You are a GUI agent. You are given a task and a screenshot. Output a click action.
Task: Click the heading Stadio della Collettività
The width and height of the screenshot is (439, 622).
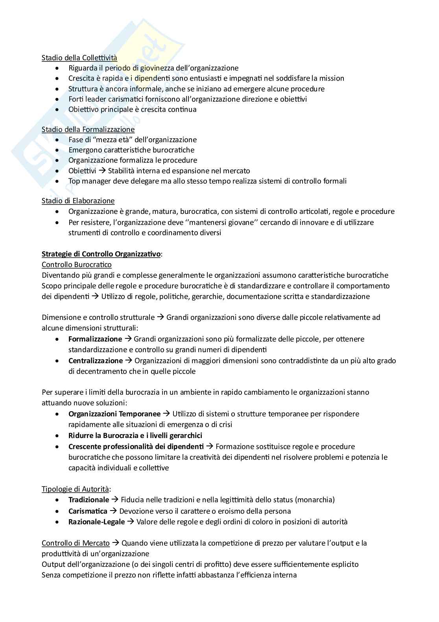79,58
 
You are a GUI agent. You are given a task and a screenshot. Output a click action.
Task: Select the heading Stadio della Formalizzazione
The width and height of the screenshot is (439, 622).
88,130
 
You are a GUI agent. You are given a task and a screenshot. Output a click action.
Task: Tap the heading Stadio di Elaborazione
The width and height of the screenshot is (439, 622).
78,201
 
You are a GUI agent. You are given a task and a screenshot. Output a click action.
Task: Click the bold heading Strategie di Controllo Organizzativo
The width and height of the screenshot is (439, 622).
101,254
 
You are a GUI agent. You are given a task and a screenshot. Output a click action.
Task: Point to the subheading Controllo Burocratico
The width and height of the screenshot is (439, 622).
77,265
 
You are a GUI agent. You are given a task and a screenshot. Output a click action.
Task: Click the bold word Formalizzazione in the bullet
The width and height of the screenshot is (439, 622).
95,339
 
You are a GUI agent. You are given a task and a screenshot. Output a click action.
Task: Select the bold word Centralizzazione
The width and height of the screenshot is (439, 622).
96,361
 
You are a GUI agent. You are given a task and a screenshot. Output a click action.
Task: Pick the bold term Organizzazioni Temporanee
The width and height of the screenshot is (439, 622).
114,414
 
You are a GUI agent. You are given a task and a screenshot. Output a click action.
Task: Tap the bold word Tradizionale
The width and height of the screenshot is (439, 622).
89,500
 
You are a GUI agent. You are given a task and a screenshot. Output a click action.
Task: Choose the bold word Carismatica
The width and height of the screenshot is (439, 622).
88,511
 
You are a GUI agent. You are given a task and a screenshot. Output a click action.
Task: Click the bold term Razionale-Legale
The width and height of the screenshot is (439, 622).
96,522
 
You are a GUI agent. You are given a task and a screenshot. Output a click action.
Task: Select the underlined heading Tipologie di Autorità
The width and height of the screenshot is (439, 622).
75,489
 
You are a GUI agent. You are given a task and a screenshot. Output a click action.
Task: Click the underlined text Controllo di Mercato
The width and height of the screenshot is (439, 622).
76,544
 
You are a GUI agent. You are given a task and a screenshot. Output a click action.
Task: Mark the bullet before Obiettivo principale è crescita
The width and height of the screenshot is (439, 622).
58,110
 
